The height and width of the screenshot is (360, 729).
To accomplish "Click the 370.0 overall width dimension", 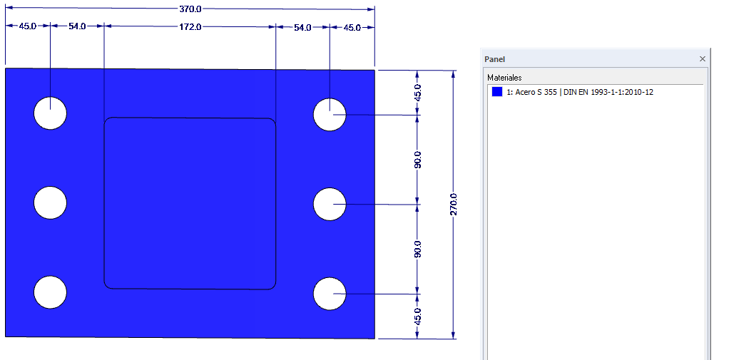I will (189, 9).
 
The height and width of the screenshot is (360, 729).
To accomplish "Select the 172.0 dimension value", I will (189, 27).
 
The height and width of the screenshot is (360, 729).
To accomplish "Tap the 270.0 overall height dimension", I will (453, 205).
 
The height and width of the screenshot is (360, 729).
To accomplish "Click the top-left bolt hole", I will (51, 113).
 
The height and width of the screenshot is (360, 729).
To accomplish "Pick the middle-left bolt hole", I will (51, 202).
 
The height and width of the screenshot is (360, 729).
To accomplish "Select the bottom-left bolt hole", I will (51, 292).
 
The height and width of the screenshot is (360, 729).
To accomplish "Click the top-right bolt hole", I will (330, 114).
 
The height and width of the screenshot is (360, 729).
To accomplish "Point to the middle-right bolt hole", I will (330, 205).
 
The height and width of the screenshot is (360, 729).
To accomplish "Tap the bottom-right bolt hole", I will (330, 294).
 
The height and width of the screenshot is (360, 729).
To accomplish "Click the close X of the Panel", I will (703, 58).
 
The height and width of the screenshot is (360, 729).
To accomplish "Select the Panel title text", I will (494, 59).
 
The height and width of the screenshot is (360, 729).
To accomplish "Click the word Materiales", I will (504, 77).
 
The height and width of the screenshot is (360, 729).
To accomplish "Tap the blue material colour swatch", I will (497, 92).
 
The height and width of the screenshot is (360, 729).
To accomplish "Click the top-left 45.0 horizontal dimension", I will (28, 27).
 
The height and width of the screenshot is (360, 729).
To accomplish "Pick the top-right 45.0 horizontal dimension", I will (352, 27).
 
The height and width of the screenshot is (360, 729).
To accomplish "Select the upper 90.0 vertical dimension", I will (418, 160).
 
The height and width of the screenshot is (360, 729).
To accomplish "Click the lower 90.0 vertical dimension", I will (418, 249).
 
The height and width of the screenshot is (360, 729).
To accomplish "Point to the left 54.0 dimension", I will (77, 27).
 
